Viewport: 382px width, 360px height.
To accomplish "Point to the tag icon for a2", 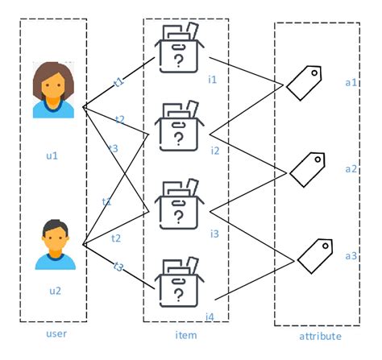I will pos(306,168).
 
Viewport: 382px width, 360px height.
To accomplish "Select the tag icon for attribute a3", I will pos(313,254).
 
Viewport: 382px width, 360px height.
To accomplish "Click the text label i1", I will pos(214,79).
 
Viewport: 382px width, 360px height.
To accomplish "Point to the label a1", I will pos(351,83).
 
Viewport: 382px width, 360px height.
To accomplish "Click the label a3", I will pos(351,255).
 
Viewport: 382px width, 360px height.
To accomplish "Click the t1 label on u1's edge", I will pos(118,81).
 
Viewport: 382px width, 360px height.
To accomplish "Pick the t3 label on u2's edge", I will pos(118,267).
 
